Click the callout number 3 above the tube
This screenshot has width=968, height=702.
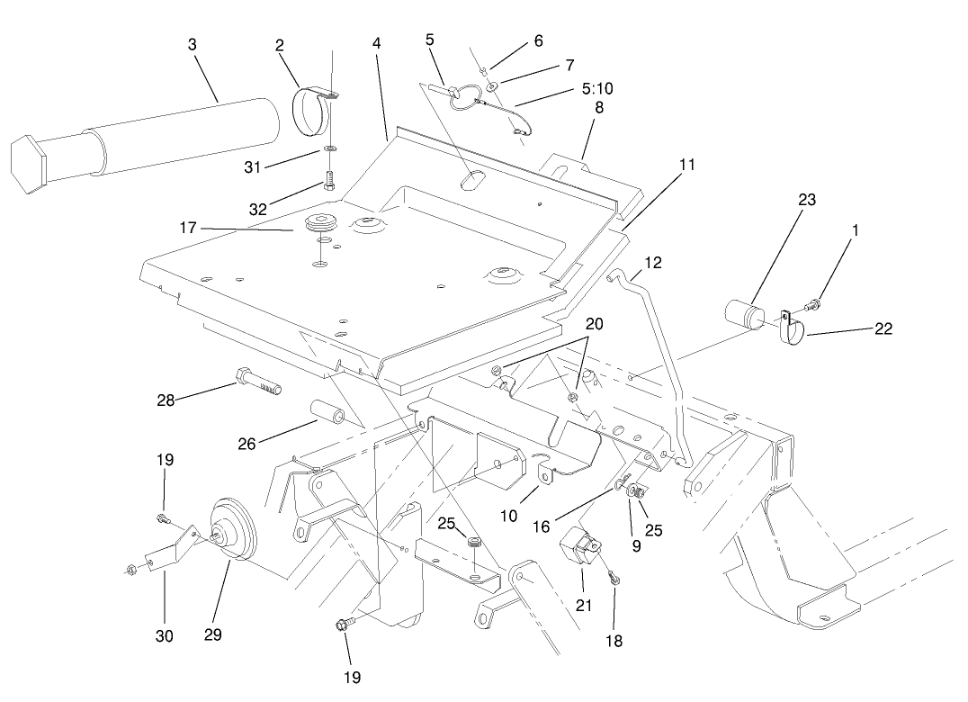[192, 43]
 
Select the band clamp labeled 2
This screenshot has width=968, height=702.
[312, 108]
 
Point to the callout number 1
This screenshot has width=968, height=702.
[856, 229]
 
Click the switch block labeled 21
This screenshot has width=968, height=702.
[580, 547]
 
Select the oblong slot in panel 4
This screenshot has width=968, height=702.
[472, 179]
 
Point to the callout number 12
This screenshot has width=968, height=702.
[652, 264]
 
